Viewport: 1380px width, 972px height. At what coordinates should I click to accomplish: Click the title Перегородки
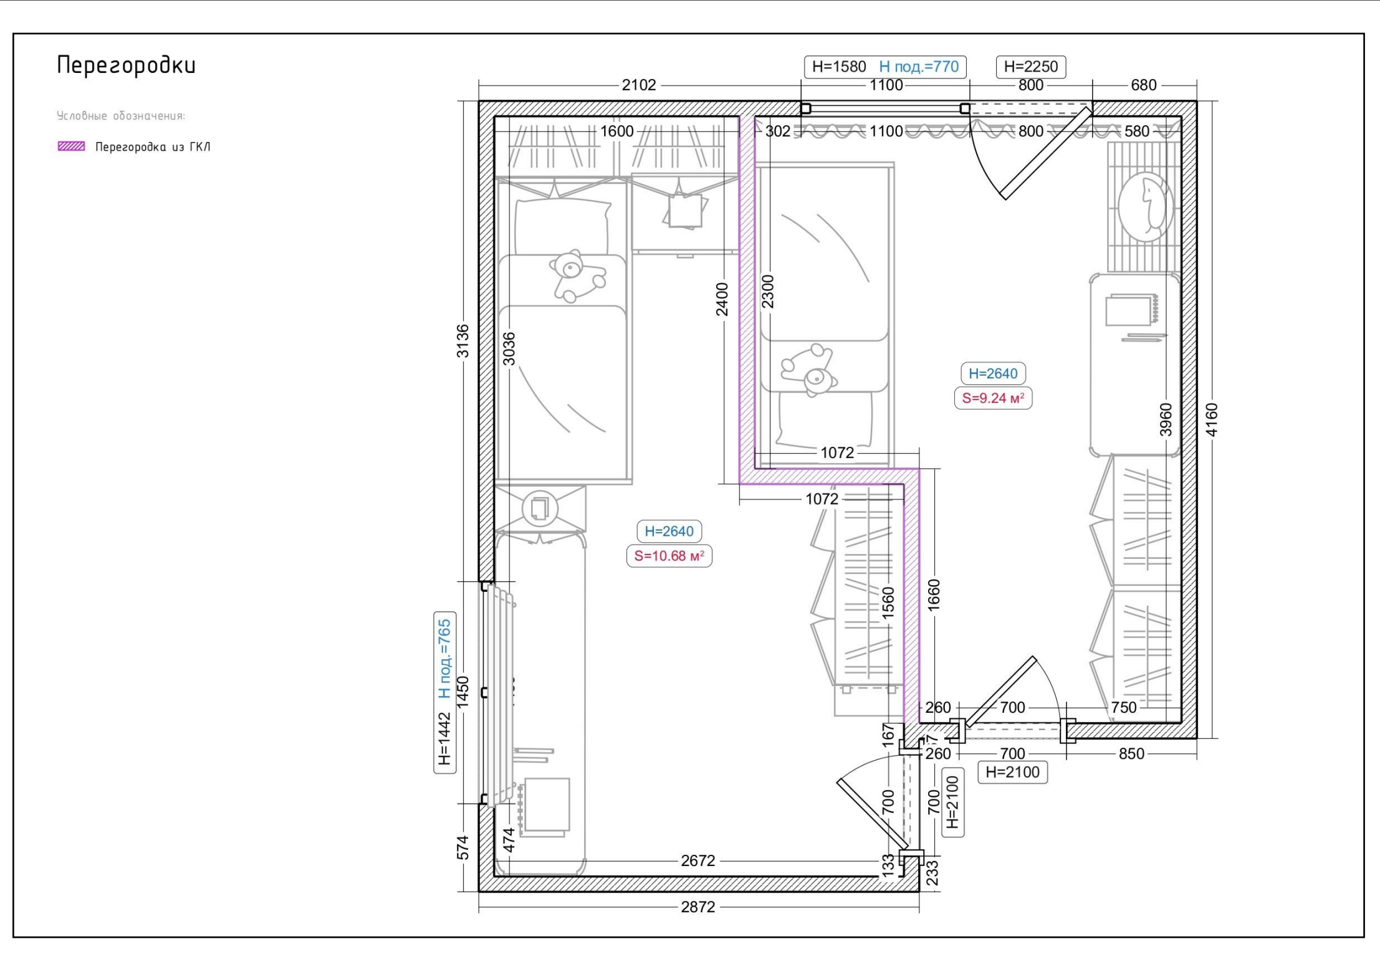tap(126, 65)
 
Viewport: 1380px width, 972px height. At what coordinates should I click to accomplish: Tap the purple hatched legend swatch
tap(71, 146)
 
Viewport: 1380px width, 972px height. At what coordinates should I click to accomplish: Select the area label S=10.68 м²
tap(669, 556)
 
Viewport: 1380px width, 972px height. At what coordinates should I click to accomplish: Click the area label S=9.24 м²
tap(993, 398)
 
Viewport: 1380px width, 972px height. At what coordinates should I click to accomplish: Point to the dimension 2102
tap(639, 85)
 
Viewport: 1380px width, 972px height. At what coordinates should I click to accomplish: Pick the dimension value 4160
tap(1211, 419)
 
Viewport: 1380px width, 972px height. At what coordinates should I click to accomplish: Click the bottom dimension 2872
tap(698, 907)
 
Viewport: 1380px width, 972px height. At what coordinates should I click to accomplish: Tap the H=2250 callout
tap(1031, 67)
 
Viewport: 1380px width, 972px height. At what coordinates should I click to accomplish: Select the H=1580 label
tap(839, 67)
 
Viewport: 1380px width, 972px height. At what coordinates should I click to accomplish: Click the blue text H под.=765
tap(444, 659)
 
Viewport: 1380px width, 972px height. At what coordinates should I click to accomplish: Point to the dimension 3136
tap(462, 341)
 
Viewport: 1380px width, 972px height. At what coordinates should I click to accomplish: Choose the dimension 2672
tap(698, 860)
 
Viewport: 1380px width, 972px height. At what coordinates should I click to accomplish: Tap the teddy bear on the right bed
tap(808, 370)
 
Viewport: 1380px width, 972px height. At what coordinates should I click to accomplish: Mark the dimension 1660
tap(933, 596)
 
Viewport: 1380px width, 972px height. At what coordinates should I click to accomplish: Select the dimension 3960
tap(1166, 419)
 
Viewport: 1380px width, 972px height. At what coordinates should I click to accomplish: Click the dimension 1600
tap(616, 131)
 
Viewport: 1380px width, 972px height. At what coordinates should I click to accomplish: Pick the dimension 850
tap(1132, 753)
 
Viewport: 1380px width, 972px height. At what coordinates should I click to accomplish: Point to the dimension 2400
tap(722, 299)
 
